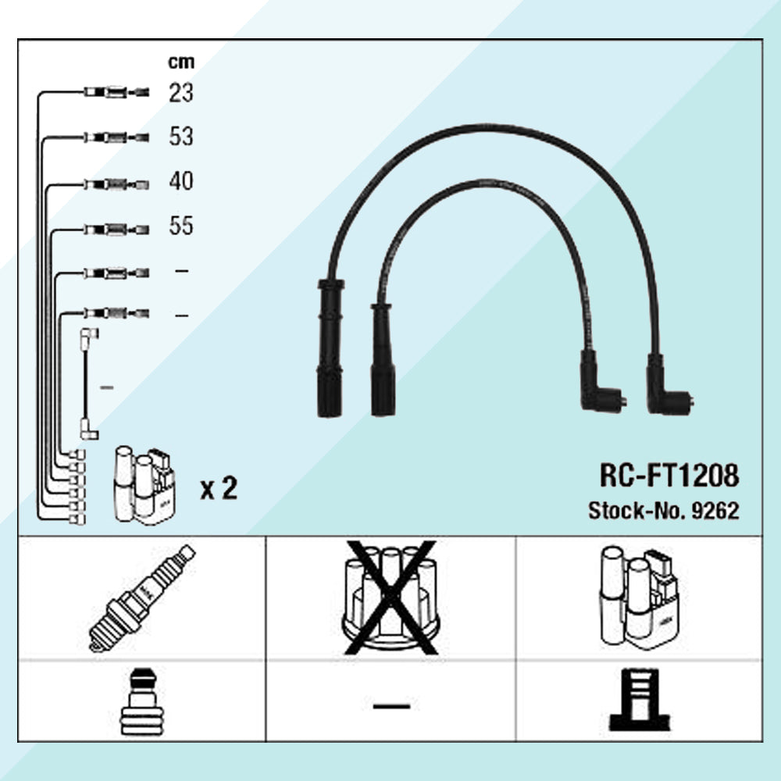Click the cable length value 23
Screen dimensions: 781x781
click(181, 93)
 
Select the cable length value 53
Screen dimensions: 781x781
click(181, 137)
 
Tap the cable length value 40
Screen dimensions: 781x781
click(181, 181)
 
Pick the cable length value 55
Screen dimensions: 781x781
click(181, 226)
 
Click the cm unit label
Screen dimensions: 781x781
click(181, 62)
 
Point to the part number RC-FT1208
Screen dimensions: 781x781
click(669, 475)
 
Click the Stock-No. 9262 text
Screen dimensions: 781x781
click(663, 511)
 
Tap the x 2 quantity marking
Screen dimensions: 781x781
click(219, 489)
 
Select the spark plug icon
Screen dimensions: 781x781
click(142, 598)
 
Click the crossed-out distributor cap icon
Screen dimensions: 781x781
click(391, 597)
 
